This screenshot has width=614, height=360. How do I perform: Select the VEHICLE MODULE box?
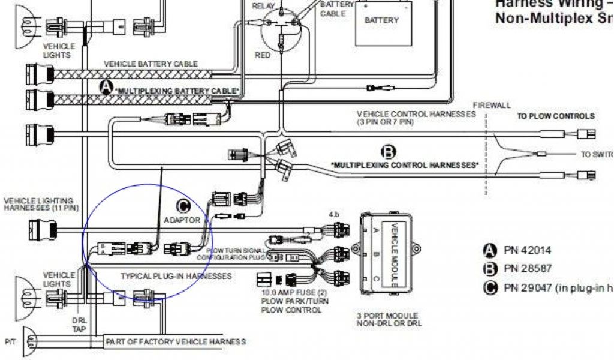coord(381,251)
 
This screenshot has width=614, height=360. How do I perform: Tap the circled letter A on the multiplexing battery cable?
coord(106,88)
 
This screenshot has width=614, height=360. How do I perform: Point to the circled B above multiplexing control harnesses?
coord(389,151)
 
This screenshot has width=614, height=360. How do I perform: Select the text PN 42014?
coord(527,250)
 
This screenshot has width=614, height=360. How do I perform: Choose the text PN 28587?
coord(527,268)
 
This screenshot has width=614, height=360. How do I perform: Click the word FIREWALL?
coord(492,105)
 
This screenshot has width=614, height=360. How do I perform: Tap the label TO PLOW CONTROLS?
coord(556,116)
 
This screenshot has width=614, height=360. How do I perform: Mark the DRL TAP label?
coord(79,325)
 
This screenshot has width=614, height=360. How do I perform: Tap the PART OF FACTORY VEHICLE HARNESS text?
coord(176,341)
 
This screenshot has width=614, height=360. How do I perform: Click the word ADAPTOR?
coord(182,220)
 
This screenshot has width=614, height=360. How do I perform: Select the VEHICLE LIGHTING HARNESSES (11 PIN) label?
coord(39,204)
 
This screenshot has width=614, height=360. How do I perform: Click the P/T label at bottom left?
coord(10,341)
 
